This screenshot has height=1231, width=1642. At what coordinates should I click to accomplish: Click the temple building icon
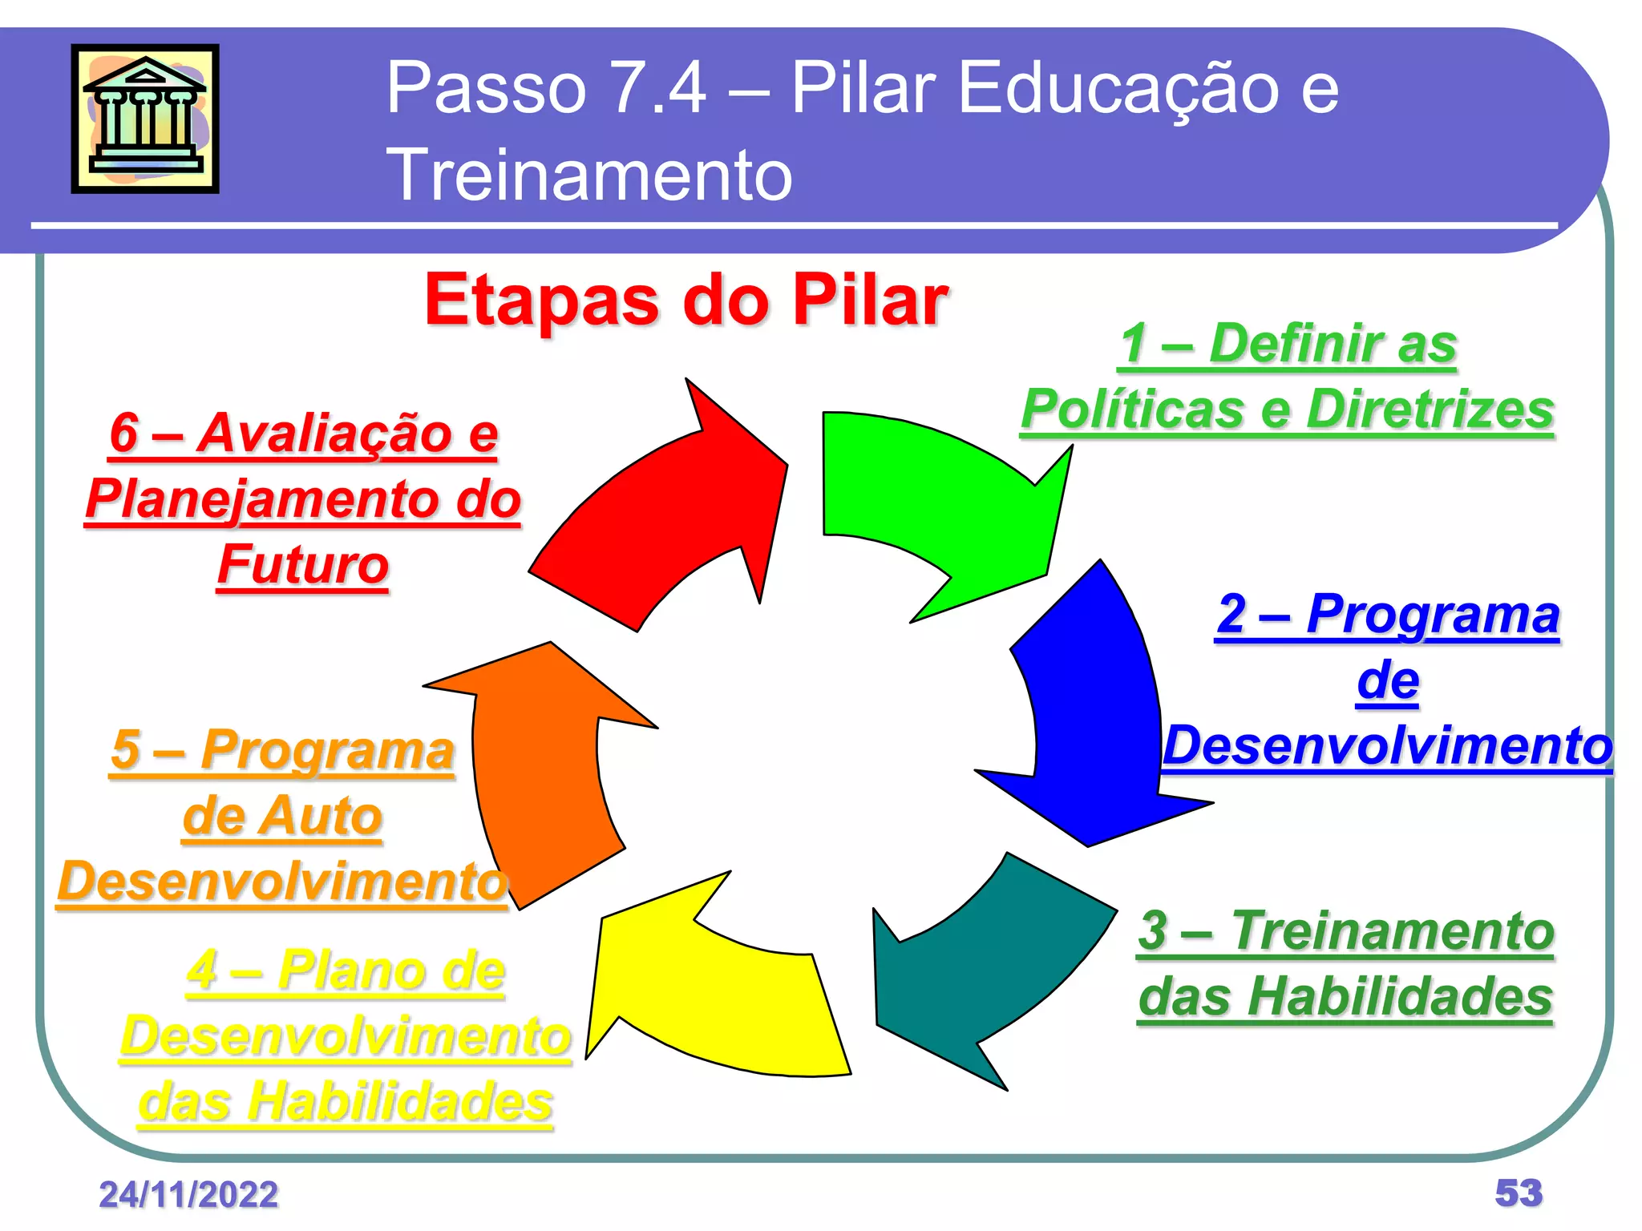[145, 118]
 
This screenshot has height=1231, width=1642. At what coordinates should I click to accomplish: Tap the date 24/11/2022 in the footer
[188, 1194]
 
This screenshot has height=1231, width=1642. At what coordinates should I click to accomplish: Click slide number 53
[1519, 1193]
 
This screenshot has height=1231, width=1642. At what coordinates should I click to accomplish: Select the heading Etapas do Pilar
[686, 300]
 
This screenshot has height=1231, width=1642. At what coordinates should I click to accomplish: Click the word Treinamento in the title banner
[589, 174]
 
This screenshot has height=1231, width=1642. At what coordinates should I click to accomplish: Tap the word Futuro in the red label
[303, 564]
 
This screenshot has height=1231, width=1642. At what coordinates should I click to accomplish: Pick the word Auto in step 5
[320, 816]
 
